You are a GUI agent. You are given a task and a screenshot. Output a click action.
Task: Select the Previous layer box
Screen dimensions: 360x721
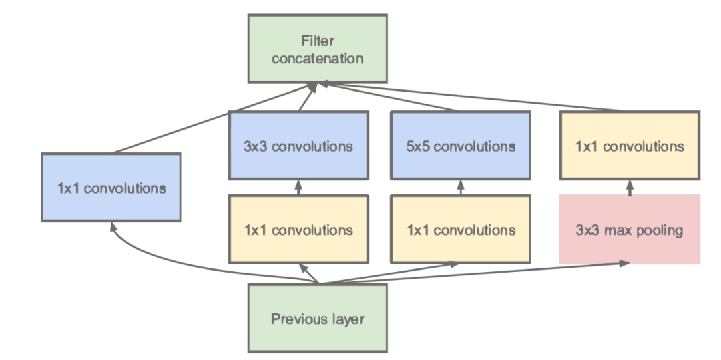coord(317,319)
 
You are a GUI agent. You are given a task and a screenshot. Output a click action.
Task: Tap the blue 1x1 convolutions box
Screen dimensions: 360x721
coord(111,188)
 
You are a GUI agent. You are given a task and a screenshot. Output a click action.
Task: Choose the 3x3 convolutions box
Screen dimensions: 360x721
coord(298,146)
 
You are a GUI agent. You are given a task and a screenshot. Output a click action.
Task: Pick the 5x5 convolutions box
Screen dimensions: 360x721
coord(460,146)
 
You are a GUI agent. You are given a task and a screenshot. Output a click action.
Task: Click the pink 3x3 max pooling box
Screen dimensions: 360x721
coord(630,230)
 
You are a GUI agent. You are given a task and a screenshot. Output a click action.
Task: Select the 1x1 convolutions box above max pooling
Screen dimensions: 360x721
coord(630,146)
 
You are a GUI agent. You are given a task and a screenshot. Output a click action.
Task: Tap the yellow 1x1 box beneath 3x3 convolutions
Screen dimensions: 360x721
coord(298,230)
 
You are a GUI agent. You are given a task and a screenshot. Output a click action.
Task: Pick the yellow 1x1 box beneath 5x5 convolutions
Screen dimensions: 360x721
coord(460,230)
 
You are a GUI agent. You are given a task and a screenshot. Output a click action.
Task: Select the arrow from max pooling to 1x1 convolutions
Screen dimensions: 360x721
coord(630,187)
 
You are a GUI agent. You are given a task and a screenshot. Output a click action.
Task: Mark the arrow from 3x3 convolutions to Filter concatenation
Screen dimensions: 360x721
coord(306,99)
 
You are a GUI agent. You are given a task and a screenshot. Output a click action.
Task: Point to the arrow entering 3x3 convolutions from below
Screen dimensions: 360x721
coord(298,188)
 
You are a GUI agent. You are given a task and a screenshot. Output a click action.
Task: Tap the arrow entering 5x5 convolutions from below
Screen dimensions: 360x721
coord(460,188)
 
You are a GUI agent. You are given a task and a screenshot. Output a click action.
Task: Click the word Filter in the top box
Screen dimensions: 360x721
coord(317,41)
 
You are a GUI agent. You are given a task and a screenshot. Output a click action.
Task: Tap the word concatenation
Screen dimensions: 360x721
coord(317,58)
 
